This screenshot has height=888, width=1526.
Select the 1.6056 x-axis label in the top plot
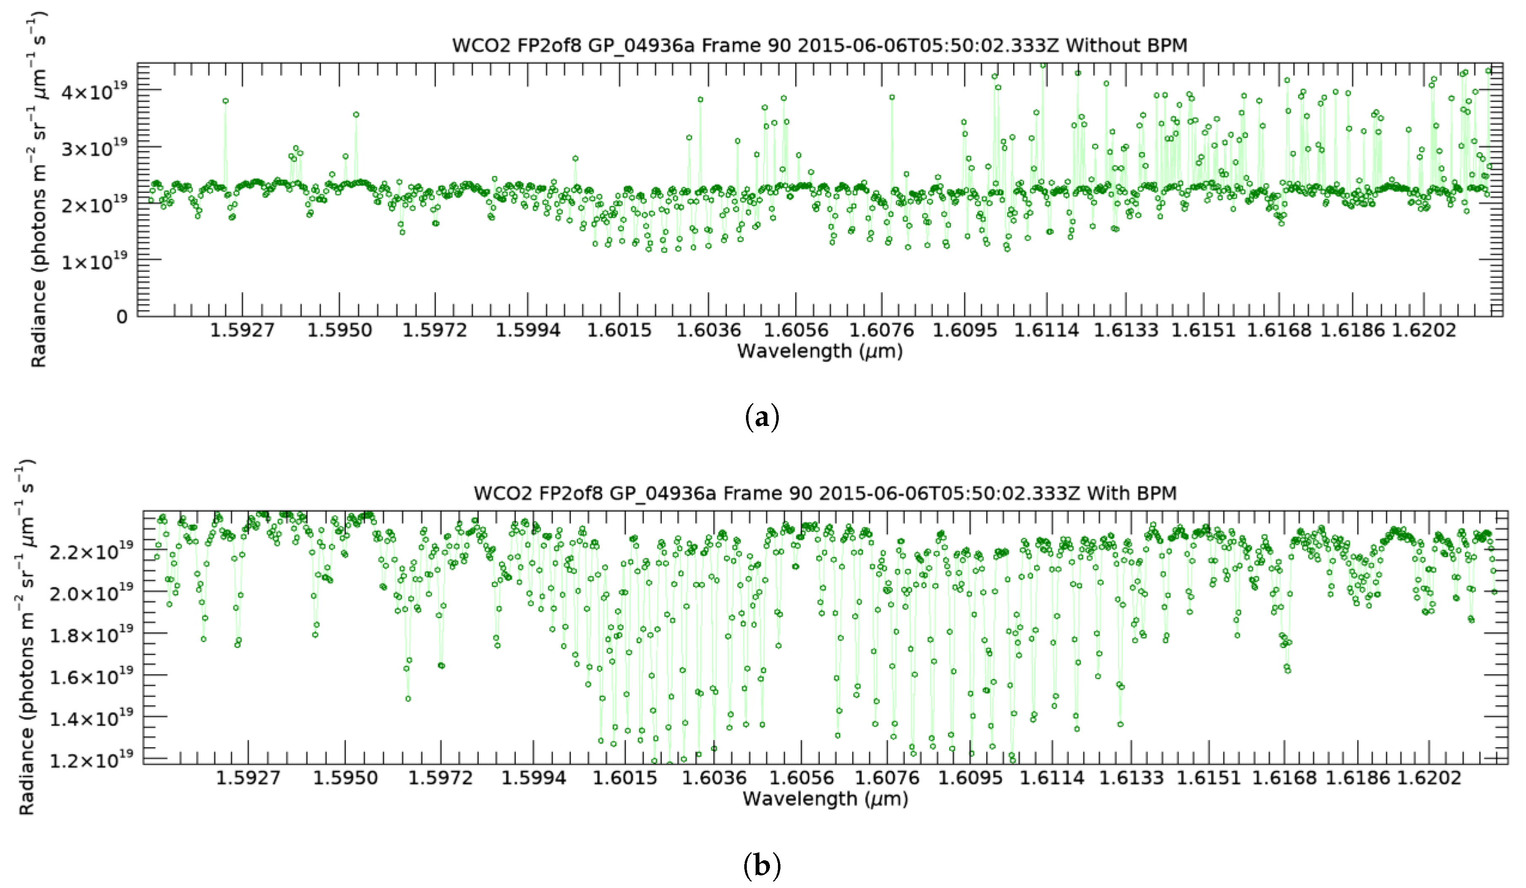795,330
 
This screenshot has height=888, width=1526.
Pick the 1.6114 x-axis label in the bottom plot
1052,778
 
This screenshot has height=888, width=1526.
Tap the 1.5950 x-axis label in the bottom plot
345,778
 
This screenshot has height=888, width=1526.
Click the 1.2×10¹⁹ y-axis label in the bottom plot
91,759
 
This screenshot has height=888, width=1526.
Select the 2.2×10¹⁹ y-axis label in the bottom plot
91,552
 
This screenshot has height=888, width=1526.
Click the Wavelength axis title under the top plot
819,351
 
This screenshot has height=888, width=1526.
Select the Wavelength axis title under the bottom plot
825,799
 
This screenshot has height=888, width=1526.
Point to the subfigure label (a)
761,418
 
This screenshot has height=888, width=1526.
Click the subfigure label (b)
761,866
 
